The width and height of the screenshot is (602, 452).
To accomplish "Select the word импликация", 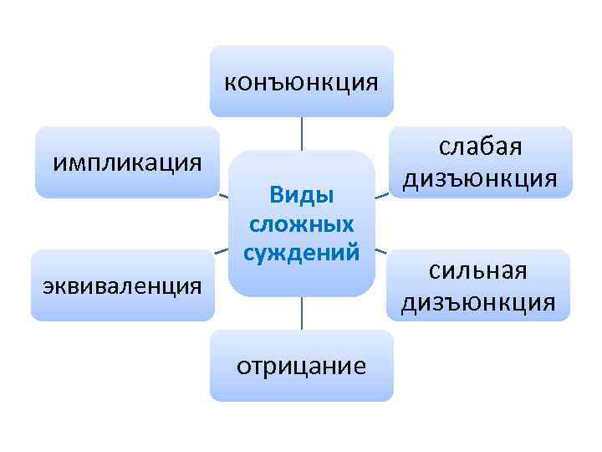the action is [x=127, y=161].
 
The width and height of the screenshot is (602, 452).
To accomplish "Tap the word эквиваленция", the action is [x=122, y=285].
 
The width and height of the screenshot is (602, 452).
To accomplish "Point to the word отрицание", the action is [x=300, y=366].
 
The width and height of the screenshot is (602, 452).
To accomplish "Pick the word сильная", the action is [x=478, y=271].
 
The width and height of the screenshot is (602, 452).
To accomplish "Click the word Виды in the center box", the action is [x=301, y=194].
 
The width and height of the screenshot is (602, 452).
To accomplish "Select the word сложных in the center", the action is [x=301, y=223].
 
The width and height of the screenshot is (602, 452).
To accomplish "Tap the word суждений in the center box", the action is [x=301, y=251].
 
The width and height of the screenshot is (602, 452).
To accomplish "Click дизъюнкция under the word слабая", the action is [x=479, y=177].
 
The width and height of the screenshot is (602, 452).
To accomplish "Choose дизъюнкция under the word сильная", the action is [x=478, y=302].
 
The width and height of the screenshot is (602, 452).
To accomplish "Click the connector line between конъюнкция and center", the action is [x=301, y=133].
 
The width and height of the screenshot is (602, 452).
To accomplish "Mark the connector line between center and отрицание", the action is [x=301, y=313].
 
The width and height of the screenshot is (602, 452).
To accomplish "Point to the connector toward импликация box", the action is [x=223, y=196].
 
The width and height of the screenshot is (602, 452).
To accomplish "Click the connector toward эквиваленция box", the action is [x=222, y=252].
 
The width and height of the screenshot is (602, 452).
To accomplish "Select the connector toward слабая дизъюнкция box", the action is [x=380, y=197].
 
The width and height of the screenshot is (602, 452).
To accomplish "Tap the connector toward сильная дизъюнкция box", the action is [x=380, y=251].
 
